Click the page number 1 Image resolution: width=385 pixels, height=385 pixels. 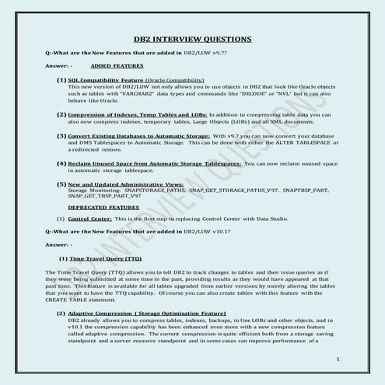pyautogui.click(x=339, y=359)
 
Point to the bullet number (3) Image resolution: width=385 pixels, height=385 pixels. pyautogui.click(x=61, y=135)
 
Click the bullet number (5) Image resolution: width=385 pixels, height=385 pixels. pyautogui.click(x=61, y=184)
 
